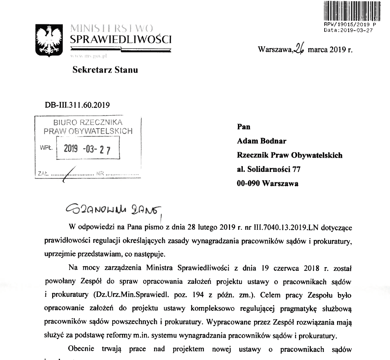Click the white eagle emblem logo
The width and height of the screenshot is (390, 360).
click(48, 40)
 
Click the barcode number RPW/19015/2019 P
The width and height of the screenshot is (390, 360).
click(350, 25)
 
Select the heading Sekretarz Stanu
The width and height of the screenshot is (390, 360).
click(105, 70)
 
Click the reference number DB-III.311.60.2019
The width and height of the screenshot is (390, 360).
click(77, 105)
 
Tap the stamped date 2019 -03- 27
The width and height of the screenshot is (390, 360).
click(87, 149)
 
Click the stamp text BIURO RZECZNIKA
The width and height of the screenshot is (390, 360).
click(88, 122)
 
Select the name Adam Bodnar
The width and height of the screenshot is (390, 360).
click(261, 141)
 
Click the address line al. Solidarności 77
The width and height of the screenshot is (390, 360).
click(268, 169)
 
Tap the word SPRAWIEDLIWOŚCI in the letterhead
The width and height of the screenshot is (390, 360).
click(121, 39)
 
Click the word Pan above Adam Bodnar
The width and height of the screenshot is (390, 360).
click(243, 127)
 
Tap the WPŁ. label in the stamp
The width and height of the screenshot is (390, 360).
click(46, 148)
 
